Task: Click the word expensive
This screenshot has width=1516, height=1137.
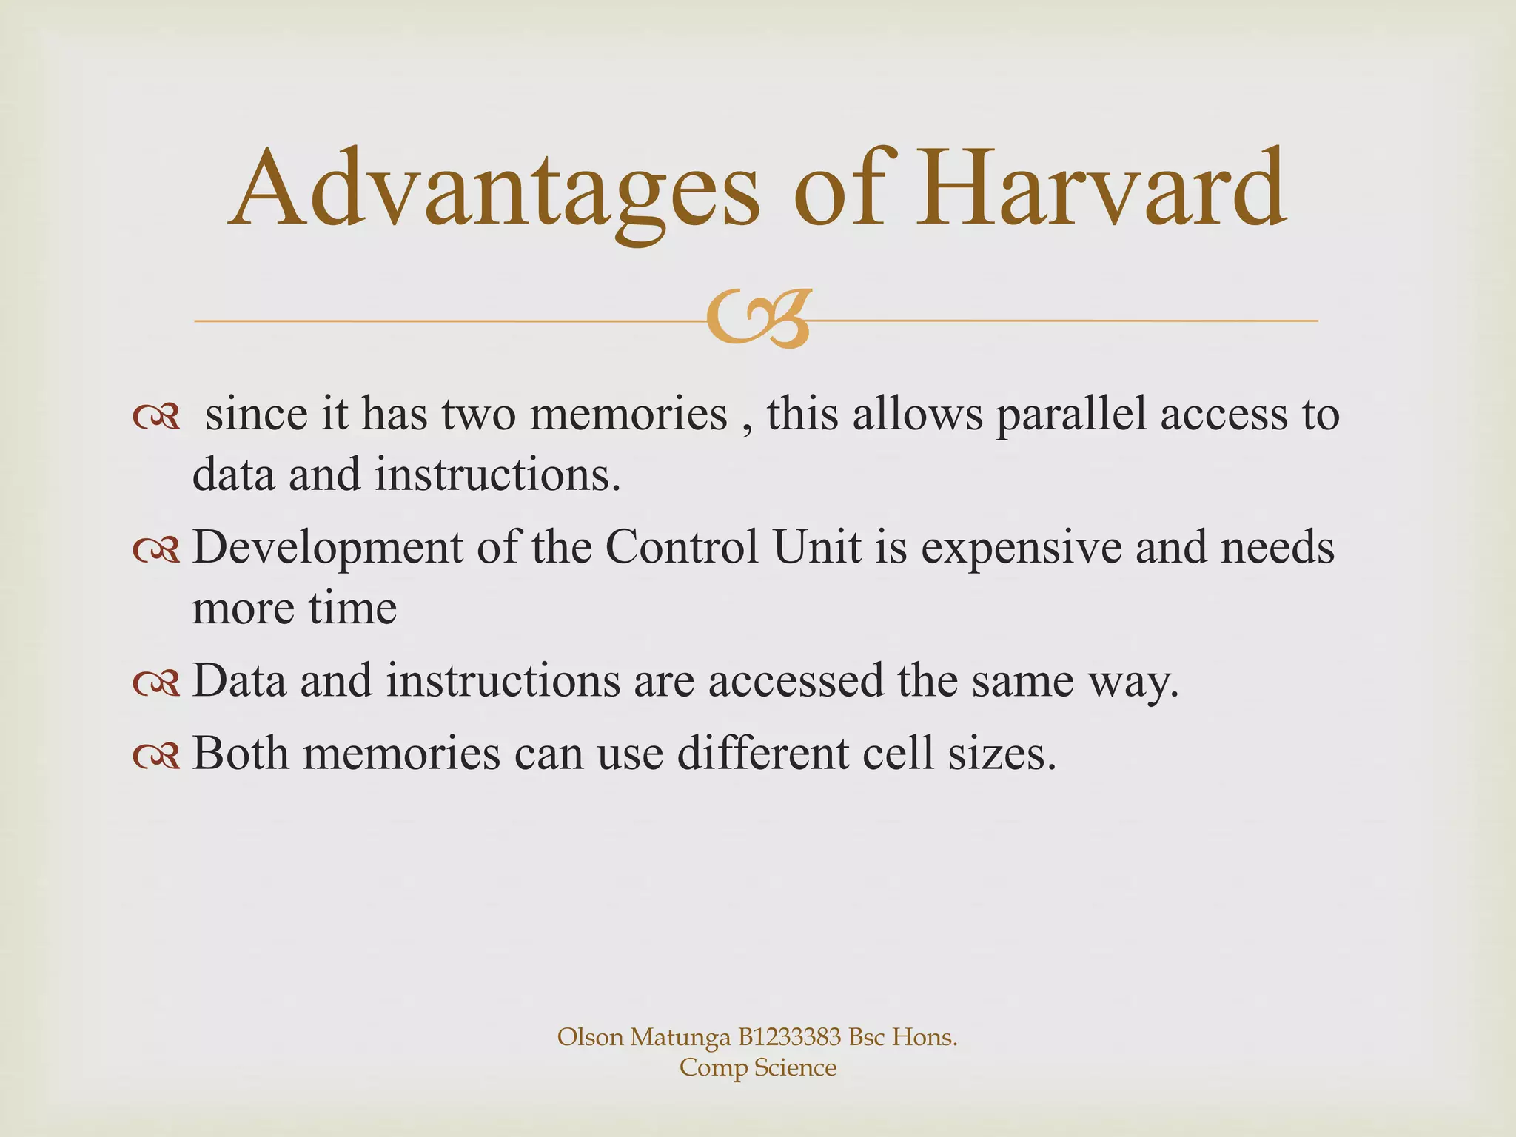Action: [x=1021, y=549]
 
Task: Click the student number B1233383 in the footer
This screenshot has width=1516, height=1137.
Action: [x=789, y=1037]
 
